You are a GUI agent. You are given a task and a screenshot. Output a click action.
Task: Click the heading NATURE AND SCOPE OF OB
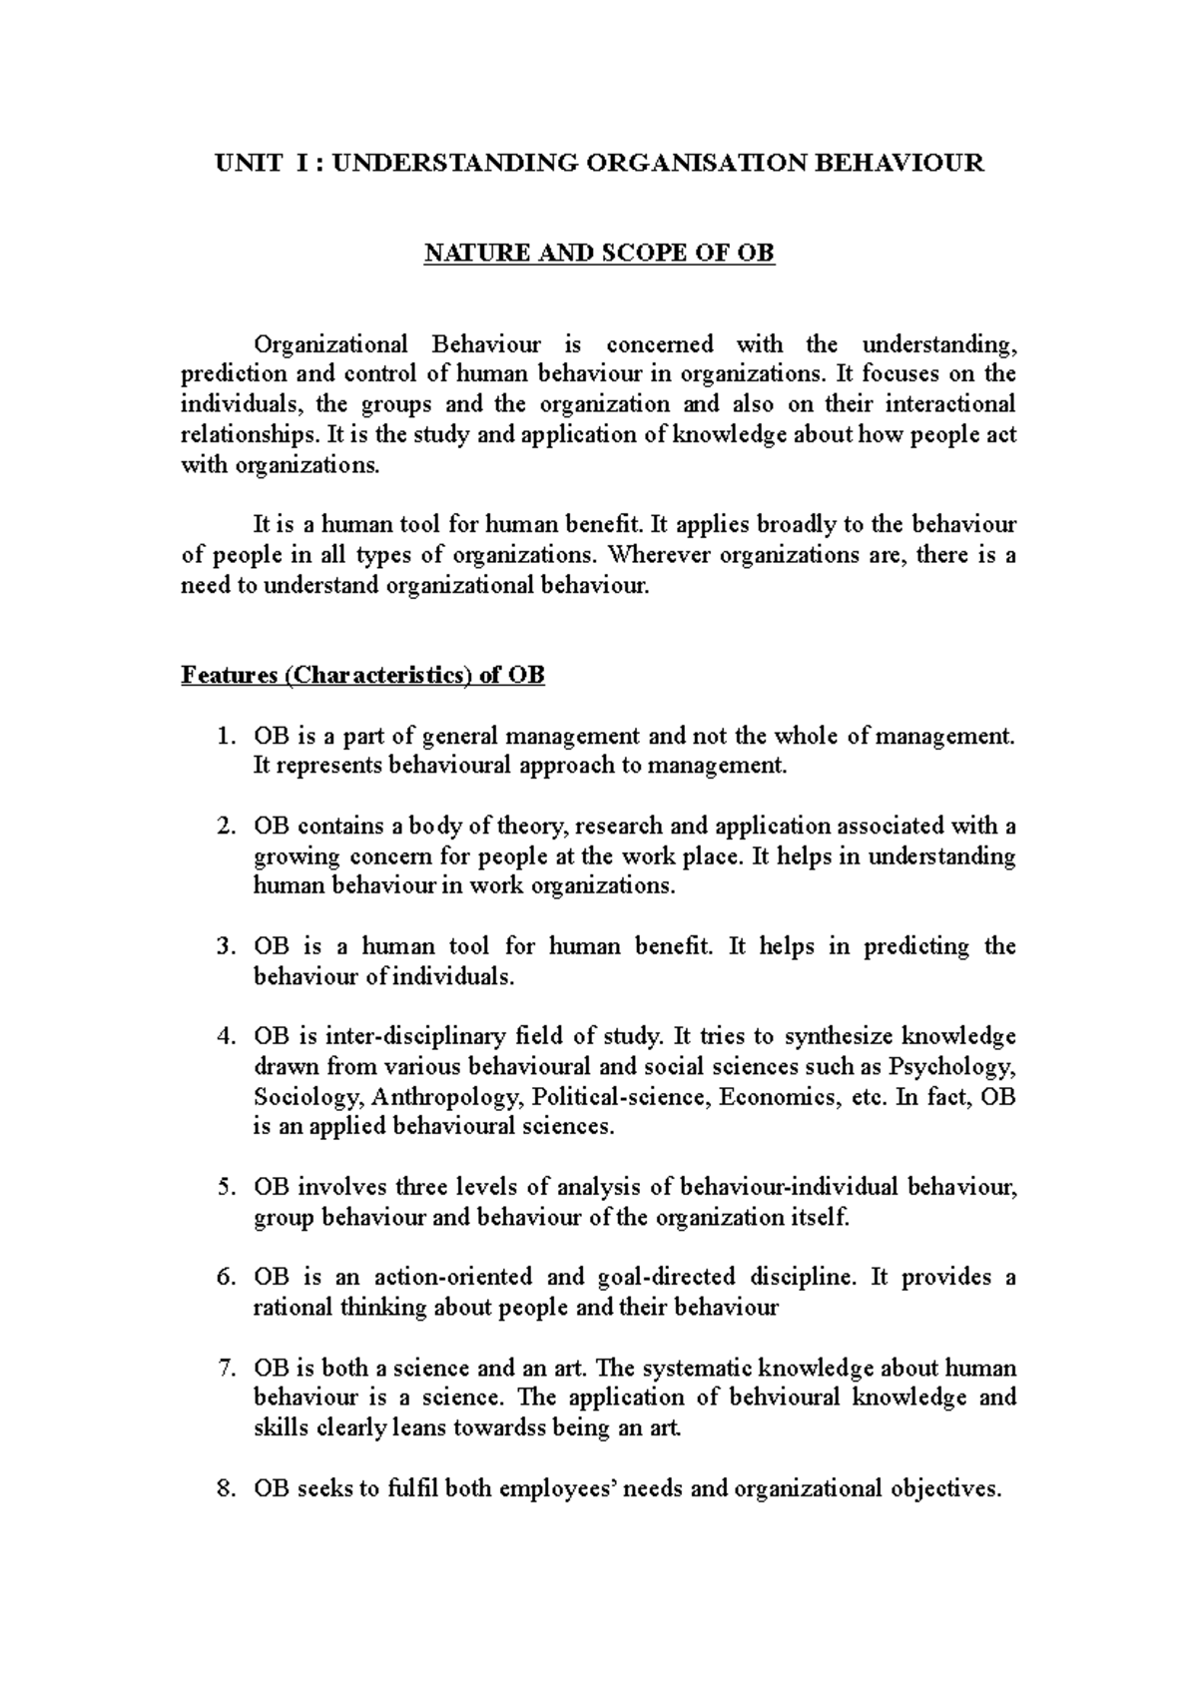pyautogui.click(x=599, y=254)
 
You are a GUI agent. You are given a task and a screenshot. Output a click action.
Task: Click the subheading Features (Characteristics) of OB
pyautogui.click(x=362, y=676)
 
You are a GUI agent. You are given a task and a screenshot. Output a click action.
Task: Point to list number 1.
pyautogui.click(x=226, y=737)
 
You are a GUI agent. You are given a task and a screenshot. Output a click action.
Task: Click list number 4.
pyautogui.click(x=226, y=1037)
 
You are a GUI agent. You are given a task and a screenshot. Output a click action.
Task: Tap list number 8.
pyautogui.click(x=226, y=1489)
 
